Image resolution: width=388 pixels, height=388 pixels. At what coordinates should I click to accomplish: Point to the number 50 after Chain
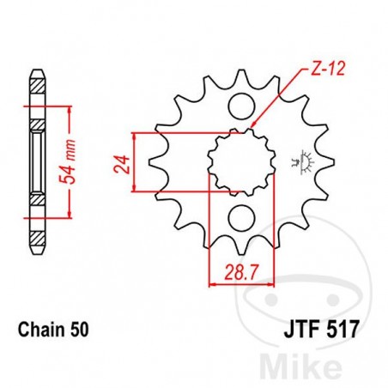coord(80,329)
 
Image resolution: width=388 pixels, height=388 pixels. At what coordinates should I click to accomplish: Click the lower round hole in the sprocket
coord(242,215)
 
